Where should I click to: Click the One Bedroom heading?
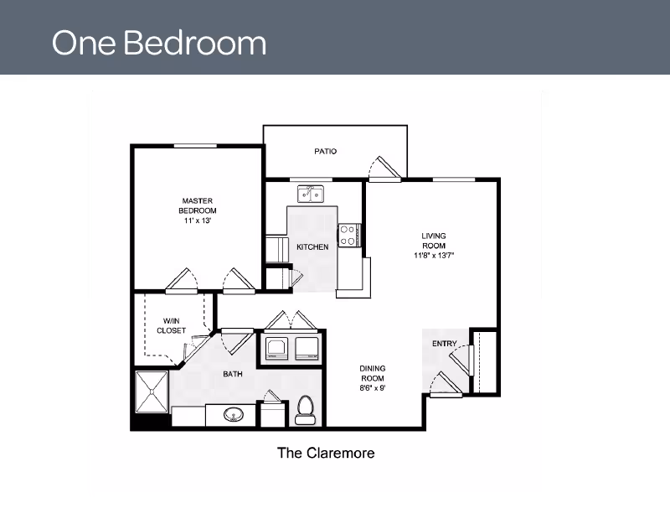coord(159,43)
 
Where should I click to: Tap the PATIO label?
coord(326,152)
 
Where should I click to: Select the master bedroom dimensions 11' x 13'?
coord(198,220)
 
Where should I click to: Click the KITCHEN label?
coord(312,247)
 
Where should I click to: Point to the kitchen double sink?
coord(311,194)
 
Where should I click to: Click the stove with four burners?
coord(349,236)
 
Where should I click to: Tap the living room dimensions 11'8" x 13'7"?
coord(434,256)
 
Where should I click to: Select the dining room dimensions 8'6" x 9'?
coord(373,388)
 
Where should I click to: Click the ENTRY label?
coord(445,344)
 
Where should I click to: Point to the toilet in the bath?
coord(305,410)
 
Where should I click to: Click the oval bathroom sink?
coord(234,414)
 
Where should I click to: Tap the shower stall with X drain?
coord(152,392)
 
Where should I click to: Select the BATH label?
coord(233,374)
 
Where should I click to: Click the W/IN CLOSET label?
coord(172,325)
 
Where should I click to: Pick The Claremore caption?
coord(326,453)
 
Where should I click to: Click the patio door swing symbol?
coord(384,169)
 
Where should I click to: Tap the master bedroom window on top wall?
coord(195,146)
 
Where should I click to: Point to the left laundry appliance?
coord(276,348)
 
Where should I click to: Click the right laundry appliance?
coord(307,348)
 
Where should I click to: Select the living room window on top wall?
coord(454,179)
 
